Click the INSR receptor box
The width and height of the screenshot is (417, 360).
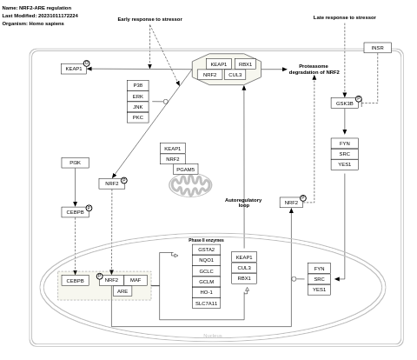[377, 48]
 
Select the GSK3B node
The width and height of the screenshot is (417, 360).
[344, 103]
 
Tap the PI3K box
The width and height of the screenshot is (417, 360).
[75, 163]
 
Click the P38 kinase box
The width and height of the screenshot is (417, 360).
[138, 85]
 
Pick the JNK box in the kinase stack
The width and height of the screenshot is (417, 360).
[138, 107]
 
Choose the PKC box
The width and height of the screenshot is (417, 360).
[138, 117]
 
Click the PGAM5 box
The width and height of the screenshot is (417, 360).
[186, 170]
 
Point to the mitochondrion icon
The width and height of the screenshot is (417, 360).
[190, 185]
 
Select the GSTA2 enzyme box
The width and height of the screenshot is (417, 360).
[206, 250]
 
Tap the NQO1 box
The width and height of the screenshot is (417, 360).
[206, 260]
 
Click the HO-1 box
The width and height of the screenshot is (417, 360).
[206, 292]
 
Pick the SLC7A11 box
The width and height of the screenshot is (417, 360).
[206, 303]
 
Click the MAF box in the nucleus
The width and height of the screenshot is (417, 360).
[136, 280]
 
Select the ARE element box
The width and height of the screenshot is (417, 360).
[122, 291]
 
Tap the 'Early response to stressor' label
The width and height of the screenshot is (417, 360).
[149, 19]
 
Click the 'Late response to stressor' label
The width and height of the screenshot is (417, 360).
[344, 17]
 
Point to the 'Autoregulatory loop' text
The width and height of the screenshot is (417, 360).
[243, 203]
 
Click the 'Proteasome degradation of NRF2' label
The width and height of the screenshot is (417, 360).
[314, 69]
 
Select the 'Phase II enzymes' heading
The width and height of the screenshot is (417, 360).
[206, 240]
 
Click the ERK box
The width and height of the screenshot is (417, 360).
[138, 97]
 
